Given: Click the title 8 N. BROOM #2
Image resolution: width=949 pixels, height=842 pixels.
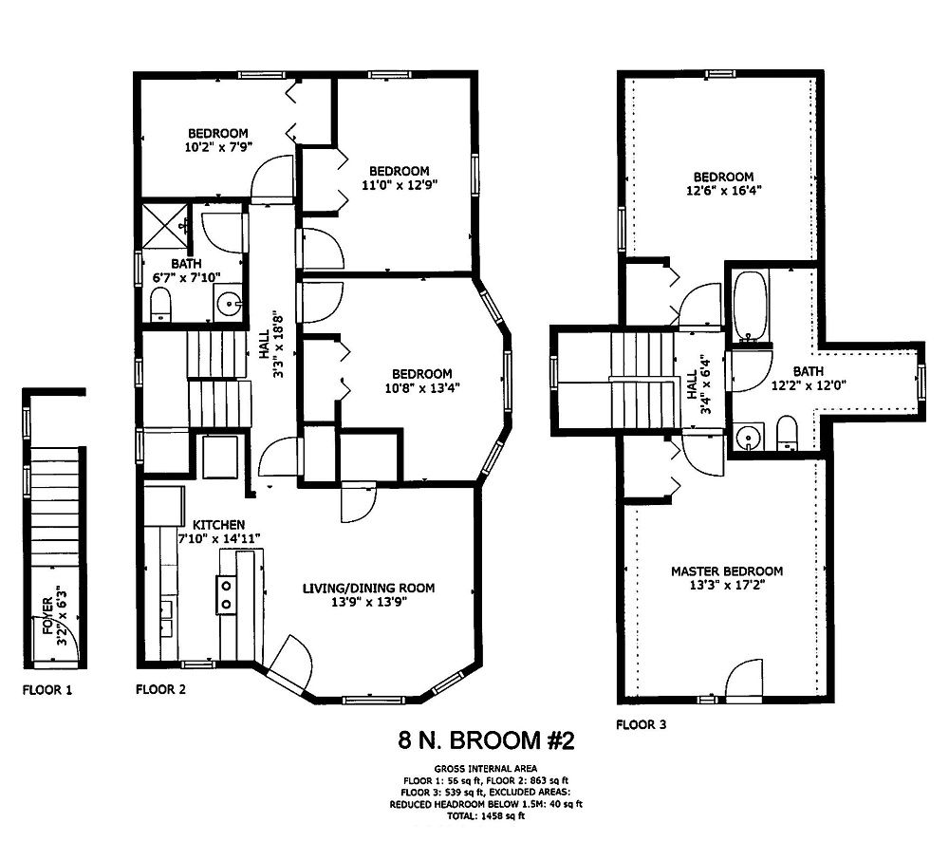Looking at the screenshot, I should [485, 740].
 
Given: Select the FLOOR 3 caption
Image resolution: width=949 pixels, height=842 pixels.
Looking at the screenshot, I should [641, 724].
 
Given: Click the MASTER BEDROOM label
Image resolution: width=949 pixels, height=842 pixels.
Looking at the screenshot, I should [726, 571].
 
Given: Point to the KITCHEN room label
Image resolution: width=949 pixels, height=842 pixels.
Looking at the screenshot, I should [218, 525].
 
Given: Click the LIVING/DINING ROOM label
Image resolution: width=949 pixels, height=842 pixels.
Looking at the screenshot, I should [368, 589].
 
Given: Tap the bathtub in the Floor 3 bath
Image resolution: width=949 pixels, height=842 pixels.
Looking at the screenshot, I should [750, 305].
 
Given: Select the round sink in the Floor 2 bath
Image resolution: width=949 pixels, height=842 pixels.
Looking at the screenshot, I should [229, 305].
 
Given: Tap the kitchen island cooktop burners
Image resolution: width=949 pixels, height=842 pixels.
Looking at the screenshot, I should [228, 594].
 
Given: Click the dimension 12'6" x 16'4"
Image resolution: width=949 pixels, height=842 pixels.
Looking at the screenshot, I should [723, 190].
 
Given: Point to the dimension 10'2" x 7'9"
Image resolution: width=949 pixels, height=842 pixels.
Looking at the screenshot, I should [217, 146].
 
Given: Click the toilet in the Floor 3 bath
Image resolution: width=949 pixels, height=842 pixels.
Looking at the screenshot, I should [787, 435].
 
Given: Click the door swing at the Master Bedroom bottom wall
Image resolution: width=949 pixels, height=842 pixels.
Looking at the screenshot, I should [744, 681].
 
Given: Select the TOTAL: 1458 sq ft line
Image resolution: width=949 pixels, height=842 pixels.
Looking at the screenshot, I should [485, 815].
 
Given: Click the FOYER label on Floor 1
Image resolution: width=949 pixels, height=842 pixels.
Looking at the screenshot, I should [47, 618].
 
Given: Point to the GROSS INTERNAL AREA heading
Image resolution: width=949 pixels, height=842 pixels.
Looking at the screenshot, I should [485, 768].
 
